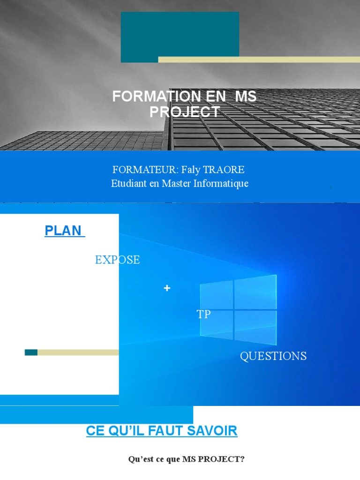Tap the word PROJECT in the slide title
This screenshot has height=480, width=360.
click(x=184, y=112)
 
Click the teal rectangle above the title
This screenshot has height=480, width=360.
click(x=180, y=37)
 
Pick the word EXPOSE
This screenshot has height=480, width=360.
click(x=117, y=260)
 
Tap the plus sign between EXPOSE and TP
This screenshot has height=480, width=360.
click(x=167, y=288)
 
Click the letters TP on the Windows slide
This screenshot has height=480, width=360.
click(x=203, y=315)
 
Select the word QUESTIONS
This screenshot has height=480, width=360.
click(x=273, y=356)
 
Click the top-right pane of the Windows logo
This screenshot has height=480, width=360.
click(x=256, y=291)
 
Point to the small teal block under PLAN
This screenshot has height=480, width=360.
click(x=31, y=352)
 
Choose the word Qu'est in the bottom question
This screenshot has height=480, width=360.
click(x=139, y=459)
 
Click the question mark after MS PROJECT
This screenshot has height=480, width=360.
click(x=242, y=459)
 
